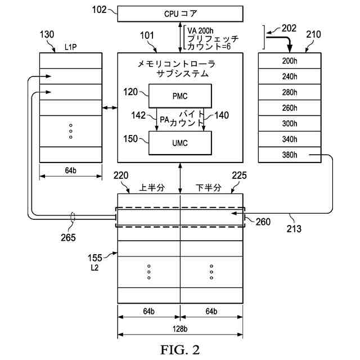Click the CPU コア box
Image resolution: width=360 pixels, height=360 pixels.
[x=180, y=14]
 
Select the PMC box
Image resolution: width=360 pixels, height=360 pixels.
[x=180, y=96]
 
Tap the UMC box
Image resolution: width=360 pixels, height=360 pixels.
[x=180, y=143]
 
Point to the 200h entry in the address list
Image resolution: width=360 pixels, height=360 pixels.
[x=290, y=61]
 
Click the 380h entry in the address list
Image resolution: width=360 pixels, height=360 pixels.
[x=290, y=155]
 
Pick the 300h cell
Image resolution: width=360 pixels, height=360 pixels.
[x=290, y=124]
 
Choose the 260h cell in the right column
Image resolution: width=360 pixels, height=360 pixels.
[x=290, y=108]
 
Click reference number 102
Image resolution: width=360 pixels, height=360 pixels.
[x=99, y=10]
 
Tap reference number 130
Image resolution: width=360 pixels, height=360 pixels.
[x=47, y=35]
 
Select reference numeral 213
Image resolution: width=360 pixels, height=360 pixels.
[x=294, y=229]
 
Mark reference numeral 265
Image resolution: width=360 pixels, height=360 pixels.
[x=69, y=237]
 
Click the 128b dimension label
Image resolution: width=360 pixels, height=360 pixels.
[x=180, y=329]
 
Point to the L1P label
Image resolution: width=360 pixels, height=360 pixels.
[x=70, y=47]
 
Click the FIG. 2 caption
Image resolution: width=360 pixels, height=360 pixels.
[x=180, y=350]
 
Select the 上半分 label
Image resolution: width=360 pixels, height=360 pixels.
[x=152, y=187]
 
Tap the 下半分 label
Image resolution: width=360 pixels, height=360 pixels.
[x=209, y=187]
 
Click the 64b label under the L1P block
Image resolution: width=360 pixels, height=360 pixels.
[x=71, y=170]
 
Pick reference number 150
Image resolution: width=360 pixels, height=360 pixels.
[x=130, y=139]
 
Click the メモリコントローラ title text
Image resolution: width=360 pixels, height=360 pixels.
[x=176, y=64]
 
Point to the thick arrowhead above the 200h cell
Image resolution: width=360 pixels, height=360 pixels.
[x=290, y=49]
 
